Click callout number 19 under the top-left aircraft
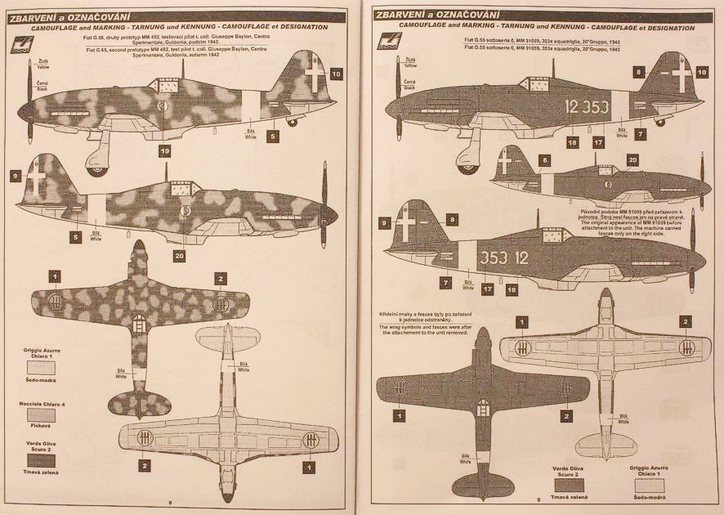(x=164, y=151)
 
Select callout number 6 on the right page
(x=545, y=161)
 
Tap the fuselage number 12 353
(x=587, y=107)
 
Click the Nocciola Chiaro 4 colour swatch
(x=41, y=416)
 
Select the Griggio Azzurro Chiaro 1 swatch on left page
(x=41, y=368)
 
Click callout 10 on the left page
(x=336, y=73)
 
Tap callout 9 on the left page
(x=15, y=176)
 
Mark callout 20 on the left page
(x=180, y=254)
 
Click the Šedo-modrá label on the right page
(x=650, y=497)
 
